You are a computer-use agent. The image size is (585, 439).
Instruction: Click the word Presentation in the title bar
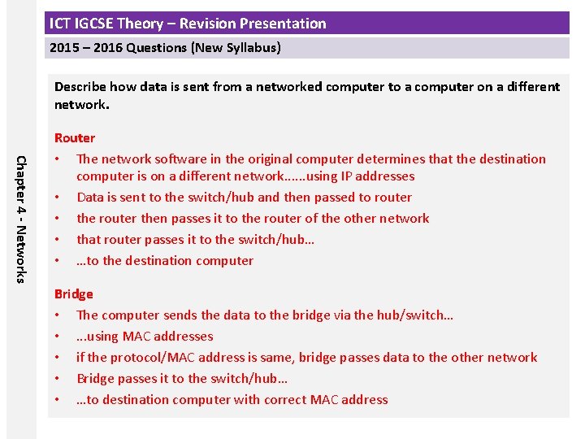pyautogui.click(x=283, y=24)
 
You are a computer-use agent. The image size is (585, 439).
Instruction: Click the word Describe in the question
pyautogui.click(x=80, y=87)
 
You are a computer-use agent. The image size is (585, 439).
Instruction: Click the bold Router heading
pyautogui.click(x=75, y=138)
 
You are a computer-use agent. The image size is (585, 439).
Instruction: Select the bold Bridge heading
pyautogui.click(x=74, y=294)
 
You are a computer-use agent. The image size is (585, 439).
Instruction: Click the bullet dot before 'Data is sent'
pyautogui.click(x=58, y=198)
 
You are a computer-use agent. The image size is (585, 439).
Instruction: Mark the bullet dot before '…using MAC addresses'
pyautogui.click(x=58, y=337)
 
